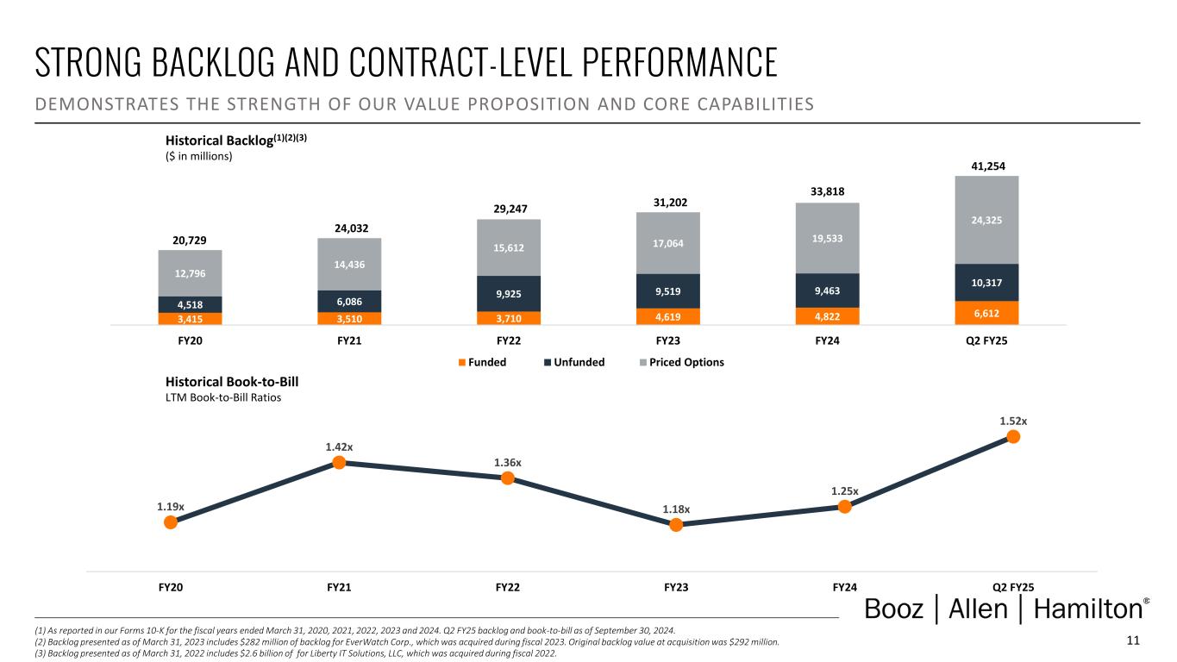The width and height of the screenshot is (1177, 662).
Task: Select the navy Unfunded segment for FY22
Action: pyautogui.click(x=509, y=294)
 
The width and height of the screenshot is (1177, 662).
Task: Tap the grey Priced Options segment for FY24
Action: pyautogui.click(x=827, y=238)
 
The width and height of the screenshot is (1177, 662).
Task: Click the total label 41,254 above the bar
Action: pyautogui.click(x=986, y=165)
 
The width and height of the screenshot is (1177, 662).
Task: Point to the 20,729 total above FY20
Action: pyautogui.click(x=190, y=240)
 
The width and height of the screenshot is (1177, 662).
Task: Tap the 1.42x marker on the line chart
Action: pyautogui.click(x=340, y=463)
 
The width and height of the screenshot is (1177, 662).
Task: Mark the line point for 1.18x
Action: pyautogui.click(x=677, y=524)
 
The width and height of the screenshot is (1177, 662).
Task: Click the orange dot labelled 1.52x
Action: pyautogui.click(x=1014, y=437)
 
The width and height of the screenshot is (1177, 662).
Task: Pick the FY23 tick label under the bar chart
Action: pyautogui.click(x=667, y=340)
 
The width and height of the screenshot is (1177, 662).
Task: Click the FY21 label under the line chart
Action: pyautogui.click(x=340, y=588)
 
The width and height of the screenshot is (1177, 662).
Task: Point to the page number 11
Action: pyautogui.click(x=1133, y=640)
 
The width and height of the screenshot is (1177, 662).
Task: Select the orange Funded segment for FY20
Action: pyautogui.click(x=190, y=318)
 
